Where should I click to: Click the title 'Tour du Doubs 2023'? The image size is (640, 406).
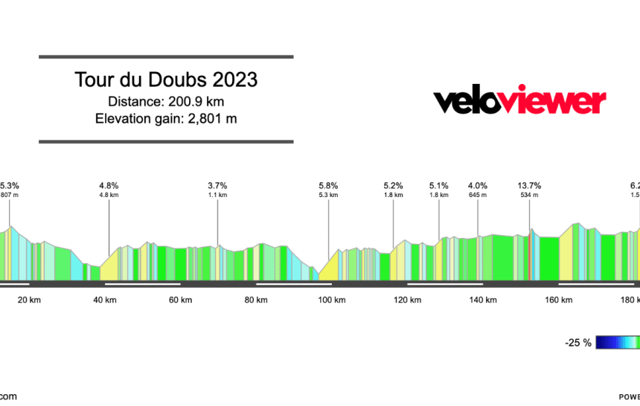coord(166,80)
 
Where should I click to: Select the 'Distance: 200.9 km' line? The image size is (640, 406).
coord(166,100)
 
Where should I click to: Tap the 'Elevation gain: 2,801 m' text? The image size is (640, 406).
coord(166,118)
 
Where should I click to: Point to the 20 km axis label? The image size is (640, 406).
coord(28,300)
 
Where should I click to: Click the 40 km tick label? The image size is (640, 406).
coord(104,300)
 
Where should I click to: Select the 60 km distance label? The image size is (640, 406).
coord(180,300)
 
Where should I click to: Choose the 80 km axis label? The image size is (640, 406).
coord(256,300)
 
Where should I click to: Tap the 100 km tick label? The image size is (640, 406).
coord(331,300)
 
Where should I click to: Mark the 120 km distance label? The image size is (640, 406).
coord(407,300)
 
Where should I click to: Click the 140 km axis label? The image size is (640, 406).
coord(483,300)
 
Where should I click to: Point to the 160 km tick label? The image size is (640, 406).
coord(558,300)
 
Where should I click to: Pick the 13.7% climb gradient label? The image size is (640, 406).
coord(529,186)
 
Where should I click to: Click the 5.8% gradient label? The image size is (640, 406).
coord(328,186)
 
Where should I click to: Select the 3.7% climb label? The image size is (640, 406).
coord(217,186)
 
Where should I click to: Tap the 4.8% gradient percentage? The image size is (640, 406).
coord(109,186)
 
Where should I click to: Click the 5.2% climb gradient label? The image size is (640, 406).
coord(393,186)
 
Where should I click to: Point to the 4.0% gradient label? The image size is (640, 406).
coord(478,186)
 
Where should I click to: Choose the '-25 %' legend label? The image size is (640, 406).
coord(577,343)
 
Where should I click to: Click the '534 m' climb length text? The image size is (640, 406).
coord(529,196)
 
